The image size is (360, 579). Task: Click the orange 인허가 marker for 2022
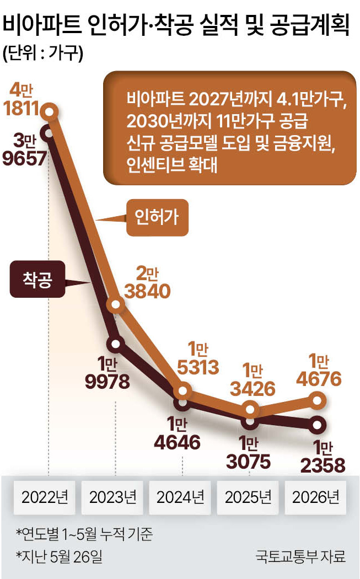50,111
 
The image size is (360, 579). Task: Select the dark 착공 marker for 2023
116,344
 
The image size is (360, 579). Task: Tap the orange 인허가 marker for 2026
318,401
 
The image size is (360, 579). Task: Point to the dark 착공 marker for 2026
317,425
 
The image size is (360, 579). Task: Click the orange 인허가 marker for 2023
116,304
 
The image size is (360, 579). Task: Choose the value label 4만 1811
21,99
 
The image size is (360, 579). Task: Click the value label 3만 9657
25,149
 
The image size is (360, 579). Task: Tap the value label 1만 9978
108,373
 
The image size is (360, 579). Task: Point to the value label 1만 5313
198,358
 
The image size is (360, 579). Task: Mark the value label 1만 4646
177,433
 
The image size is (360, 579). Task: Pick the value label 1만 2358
323,457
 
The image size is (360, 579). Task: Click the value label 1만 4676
319,371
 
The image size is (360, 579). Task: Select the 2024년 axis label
180,497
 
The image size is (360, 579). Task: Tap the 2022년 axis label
45,497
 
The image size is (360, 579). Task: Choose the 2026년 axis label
316,497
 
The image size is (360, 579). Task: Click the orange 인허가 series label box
157,217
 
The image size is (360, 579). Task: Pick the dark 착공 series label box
37,279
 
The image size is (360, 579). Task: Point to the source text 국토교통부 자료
300,556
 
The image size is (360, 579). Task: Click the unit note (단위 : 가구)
43,53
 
